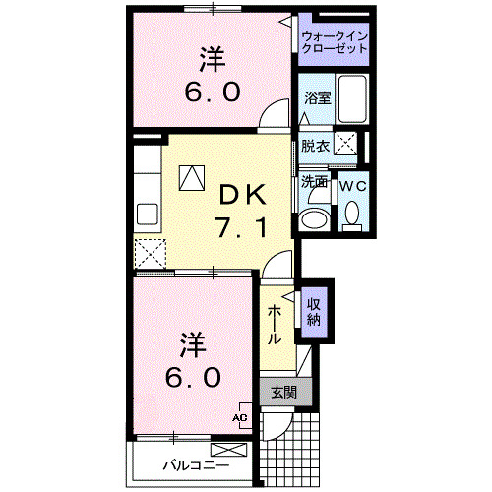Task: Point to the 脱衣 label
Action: (x=315, y=146)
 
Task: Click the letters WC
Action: (x=352, y=184)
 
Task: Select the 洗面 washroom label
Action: (x=314, y=182)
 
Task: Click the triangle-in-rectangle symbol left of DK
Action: (x=191, y=177)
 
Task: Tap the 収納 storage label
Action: (x=313, y=311)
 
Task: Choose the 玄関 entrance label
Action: (x=283, y=392)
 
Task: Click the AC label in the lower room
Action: (x=239, y=417)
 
